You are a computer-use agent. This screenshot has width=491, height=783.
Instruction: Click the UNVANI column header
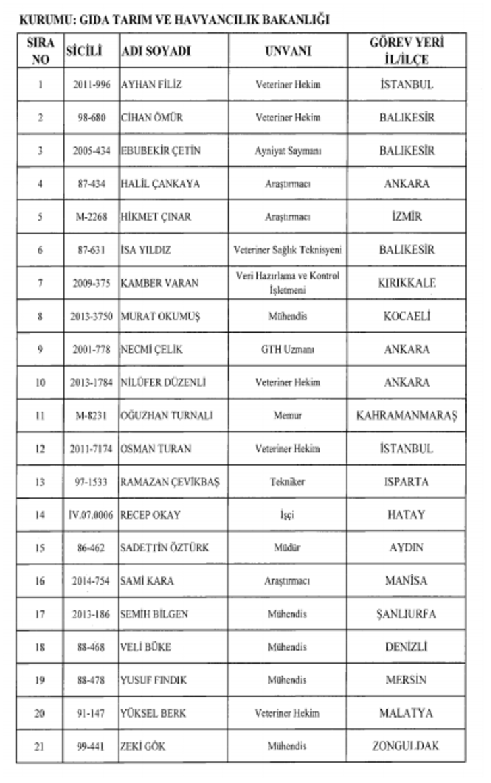[288, 51]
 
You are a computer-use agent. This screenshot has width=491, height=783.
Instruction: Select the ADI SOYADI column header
[156, 51]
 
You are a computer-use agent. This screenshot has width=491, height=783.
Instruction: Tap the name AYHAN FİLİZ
[152, 85]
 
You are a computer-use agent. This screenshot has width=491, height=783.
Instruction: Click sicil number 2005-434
[91, 151]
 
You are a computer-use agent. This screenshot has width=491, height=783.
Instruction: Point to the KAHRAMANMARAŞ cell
[407, 416]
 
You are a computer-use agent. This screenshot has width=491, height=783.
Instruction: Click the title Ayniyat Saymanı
[288, 151]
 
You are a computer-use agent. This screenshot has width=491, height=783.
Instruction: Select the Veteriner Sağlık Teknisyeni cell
[288, 250]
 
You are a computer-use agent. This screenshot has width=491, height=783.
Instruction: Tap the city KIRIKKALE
[407, 283]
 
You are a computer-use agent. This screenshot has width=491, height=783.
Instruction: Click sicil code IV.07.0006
[91, 515]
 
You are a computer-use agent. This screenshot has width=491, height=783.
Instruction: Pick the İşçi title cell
[288, 515]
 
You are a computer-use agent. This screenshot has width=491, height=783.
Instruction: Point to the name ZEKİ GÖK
[143, 747]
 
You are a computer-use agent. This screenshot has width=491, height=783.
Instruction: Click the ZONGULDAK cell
[407, 747]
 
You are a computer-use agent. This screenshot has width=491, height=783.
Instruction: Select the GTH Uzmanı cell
[288, 350]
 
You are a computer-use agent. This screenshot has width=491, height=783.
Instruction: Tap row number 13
[40, 482]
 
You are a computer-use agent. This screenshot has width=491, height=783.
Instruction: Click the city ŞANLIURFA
[407, 614]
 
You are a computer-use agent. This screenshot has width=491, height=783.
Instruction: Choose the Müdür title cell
[288, 548]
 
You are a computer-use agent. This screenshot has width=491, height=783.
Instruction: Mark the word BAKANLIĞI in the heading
[296, 20]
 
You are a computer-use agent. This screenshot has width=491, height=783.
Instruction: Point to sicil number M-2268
[91, 217]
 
